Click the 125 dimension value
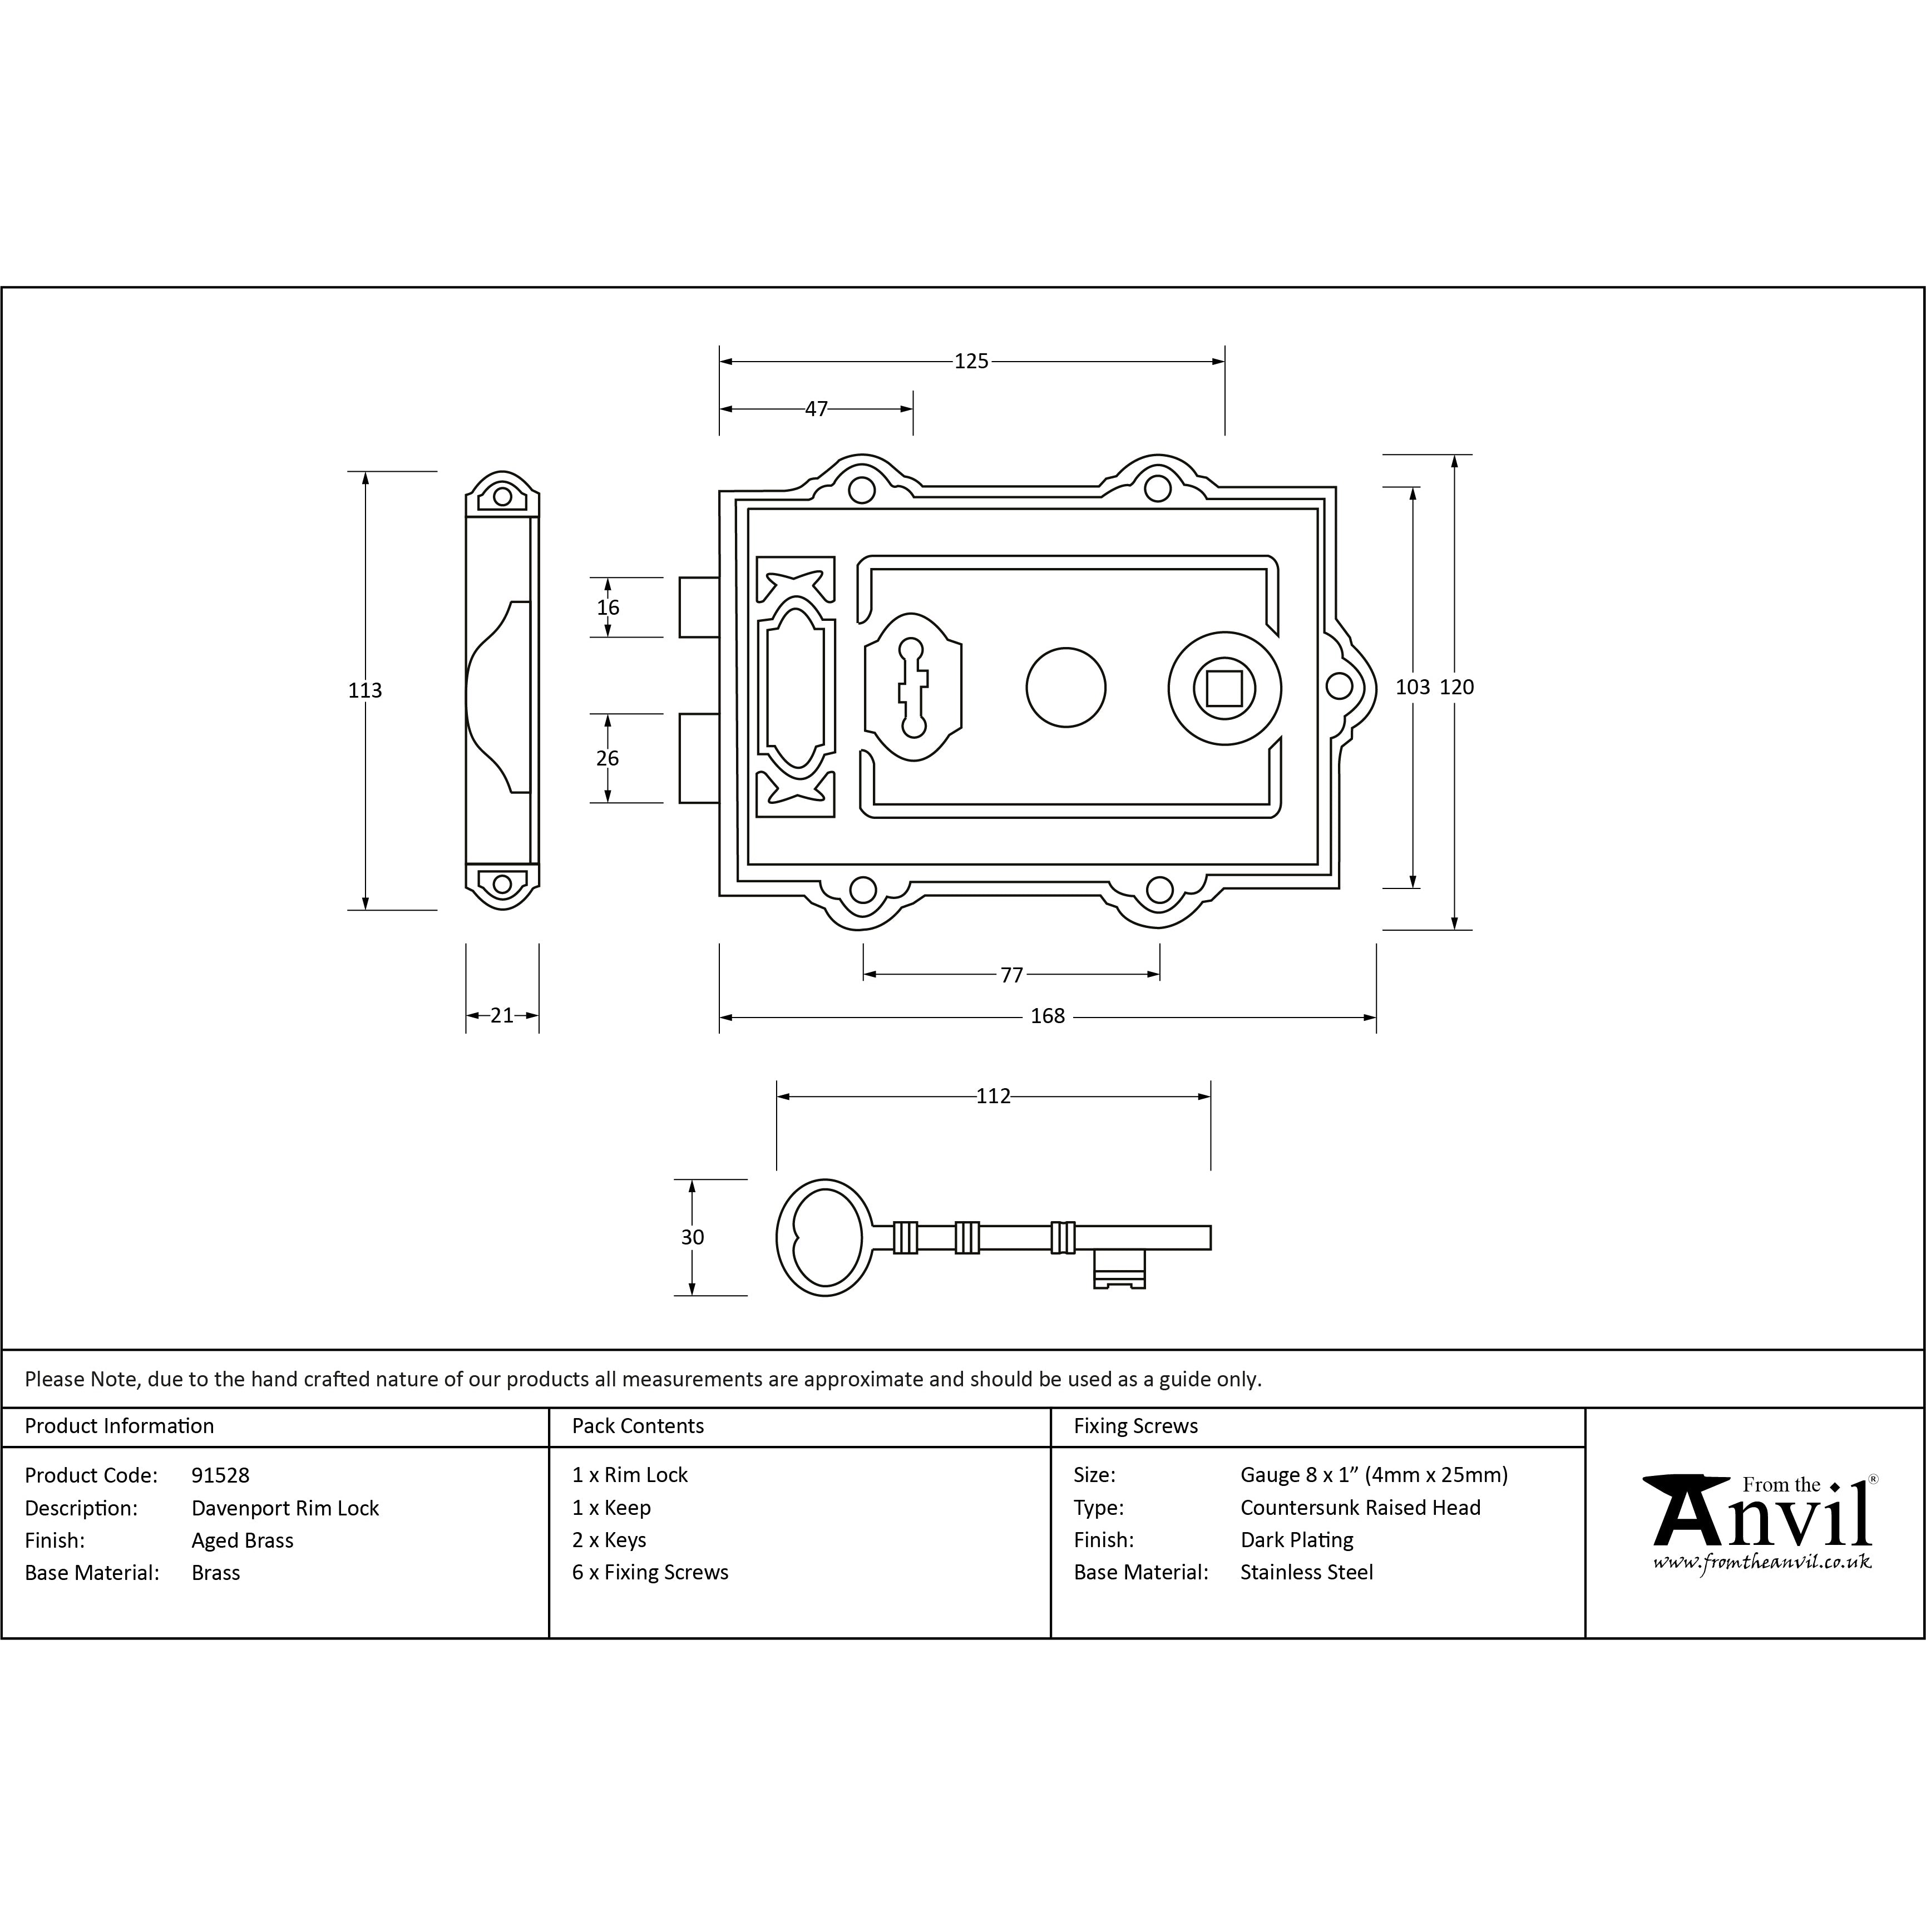tap(971, 361)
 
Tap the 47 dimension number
tap(817, 409)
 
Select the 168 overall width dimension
tap(1048, 1016)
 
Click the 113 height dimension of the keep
tap(365, 690)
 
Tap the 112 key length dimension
tap(993, 1097)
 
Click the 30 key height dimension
tap(692, 1237)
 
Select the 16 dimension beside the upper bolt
tap(608, 607)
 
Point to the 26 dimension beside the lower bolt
tap(608, 758)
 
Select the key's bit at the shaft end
tap(1119, 1268)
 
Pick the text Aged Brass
tap(242, 1540)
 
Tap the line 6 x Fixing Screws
tap(650, 1572)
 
